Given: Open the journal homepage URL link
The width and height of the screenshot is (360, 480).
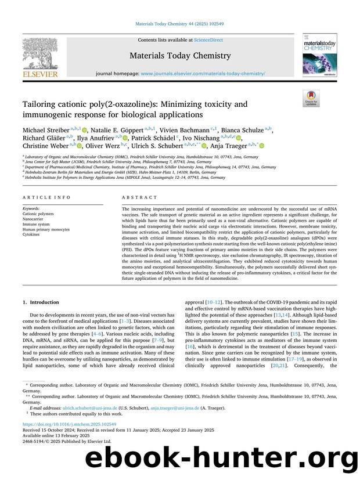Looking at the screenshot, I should [x=203, y=74].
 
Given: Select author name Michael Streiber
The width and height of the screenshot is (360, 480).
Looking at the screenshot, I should [x=47, y=130].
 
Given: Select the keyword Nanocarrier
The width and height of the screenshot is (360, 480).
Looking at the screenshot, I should [x=34, y=218].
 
